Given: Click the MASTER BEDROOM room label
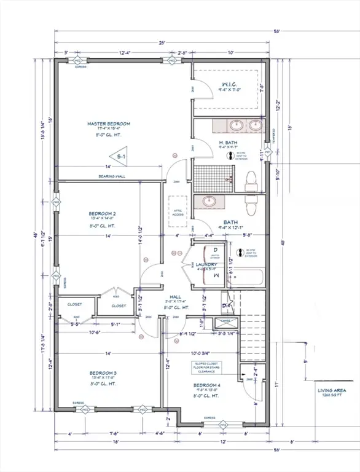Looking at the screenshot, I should pyautogui.click(x=109, y=124).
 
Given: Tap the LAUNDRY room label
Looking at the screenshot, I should pyautogui.click(x=214, y=265).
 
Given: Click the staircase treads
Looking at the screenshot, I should pyautogui.click(x=251, y=335).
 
